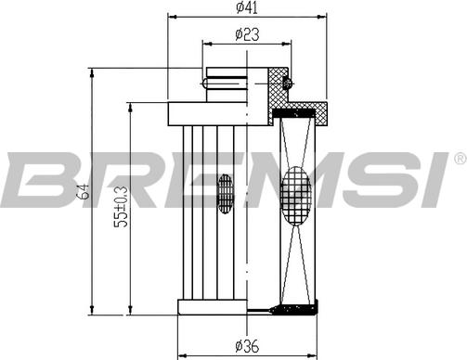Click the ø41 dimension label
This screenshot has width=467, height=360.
coord(247,8)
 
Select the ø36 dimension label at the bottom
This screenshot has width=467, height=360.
coord(247,346)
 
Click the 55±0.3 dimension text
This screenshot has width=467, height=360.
coord(121,209)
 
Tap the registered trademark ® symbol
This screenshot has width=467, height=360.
coord(458,160)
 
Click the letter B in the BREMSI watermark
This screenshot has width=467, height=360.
coord(37,181)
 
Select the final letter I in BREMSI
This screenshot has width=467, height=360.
coord(431,181)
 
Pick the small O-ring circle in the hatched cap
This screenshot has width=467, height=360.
coord(287,84)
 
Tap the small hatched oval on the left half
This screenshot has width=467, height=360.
coord(224,193)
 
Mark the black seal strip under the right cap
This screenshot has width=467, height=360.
coord(297,110)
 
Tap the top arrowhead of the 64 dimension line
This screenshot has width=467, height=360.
coord(92,71)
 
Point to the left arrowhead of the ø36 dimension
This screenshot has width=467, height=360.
coord(181,354)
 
